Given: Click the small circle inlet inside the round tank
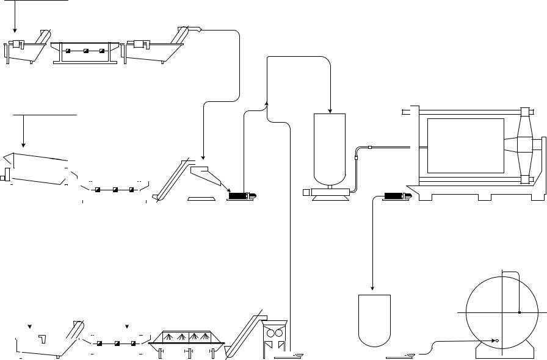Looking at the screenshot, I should tap(498, 340).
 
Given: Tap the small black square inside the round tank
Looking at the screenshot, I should tap(518, 312).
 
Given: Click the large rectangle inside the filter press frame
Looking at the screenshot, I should tap(465, 146).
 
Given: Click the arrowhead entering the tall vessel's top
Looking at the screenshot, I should tap(330, 110).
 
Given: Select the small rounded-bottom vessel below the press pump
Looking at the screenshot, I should tap(374, 320).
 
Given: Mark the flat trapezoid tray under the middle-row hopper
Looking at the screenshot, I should tap(201, 198).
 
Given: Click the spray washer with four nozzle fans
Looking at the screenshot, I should tap(187, 338).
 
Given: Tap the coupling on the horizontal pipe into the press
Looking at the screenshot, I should tap(370, 148).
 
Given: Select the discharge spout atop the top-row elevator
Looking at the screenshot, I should tap(194, 27).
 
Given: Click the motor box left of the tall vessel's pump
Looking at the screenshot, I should tap(307, 192).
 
